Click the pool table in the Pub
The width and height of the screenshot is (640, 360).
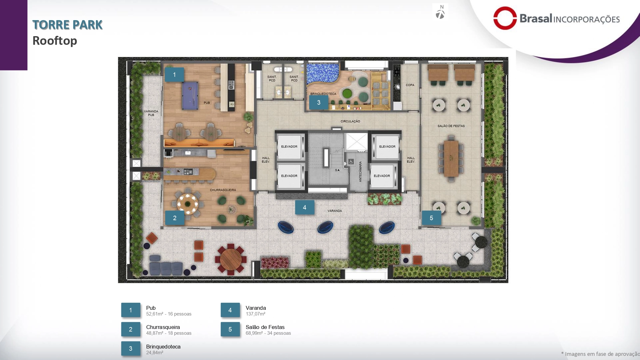[190, 96]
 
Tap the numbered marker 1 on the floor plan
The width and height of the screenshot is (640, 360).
[174, 75]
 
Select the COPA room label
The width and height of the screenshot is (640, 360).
[410, 85]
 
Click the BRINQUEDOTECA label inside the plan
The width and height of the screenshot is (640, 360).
[323, 94]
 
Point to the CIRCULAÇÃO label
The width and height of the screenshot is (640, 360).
[350, 121]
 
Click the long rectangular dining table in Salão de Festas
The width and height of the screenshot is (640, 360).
[451, 159]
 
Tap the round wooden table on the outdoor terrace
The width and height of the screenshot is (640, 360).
[231, 259]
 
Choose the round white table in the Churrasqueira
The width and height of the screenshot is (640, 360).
[188, 204]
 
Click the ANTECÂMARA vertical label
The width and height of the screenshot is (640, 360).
[360, 172]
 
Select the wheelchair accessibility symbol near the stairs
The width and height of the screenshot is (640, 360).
[351, 162]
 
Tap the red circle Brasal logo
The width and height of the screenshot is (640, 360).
[505, 18]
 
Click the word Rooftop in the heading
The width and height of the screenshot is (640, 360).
[55, 41]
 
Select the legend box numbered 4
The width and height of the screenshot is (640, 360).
[230, 310]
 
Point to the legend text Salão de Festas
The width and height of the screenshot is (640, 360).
[265, 327]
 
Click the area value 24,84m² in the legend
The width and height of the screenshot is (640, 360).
[155, 353]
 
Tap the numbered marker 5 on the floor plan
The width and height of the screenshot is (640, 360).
[431, 218]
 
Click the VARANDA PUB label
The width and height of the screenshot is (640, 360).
[151, 113]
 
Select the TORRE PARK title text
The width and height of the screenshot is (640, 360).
[68, 25]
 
